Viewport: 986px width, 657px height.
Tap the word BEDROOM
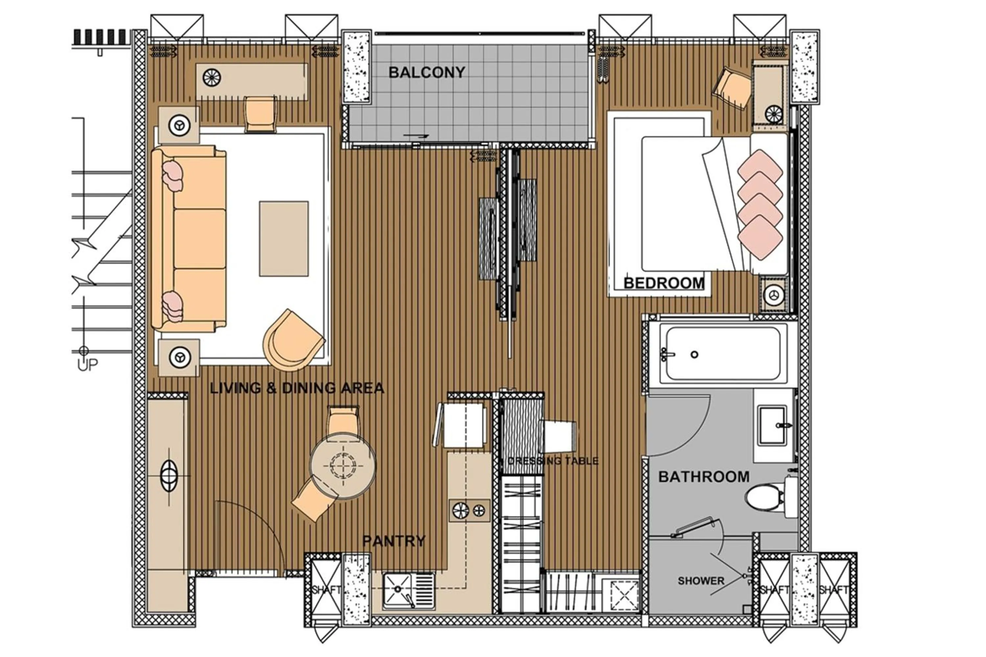[664, 283]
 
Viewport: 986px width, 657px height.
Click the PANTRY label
[394, 541]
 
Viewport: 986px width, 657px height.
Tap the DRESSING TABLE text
[552, 461]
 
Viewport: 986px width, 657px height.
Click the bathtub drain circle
[694, 354]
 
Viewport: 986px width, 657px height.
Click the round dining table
[343, 465]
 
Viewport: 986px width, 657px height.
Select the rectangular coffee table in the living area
[284, 238]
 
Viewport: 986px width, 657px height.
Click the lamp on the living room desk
[212, 77]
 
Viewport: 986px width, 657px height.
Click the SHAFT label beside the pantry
[326, 590]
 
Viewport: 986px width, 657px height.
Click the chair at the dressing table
[559, 436]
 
